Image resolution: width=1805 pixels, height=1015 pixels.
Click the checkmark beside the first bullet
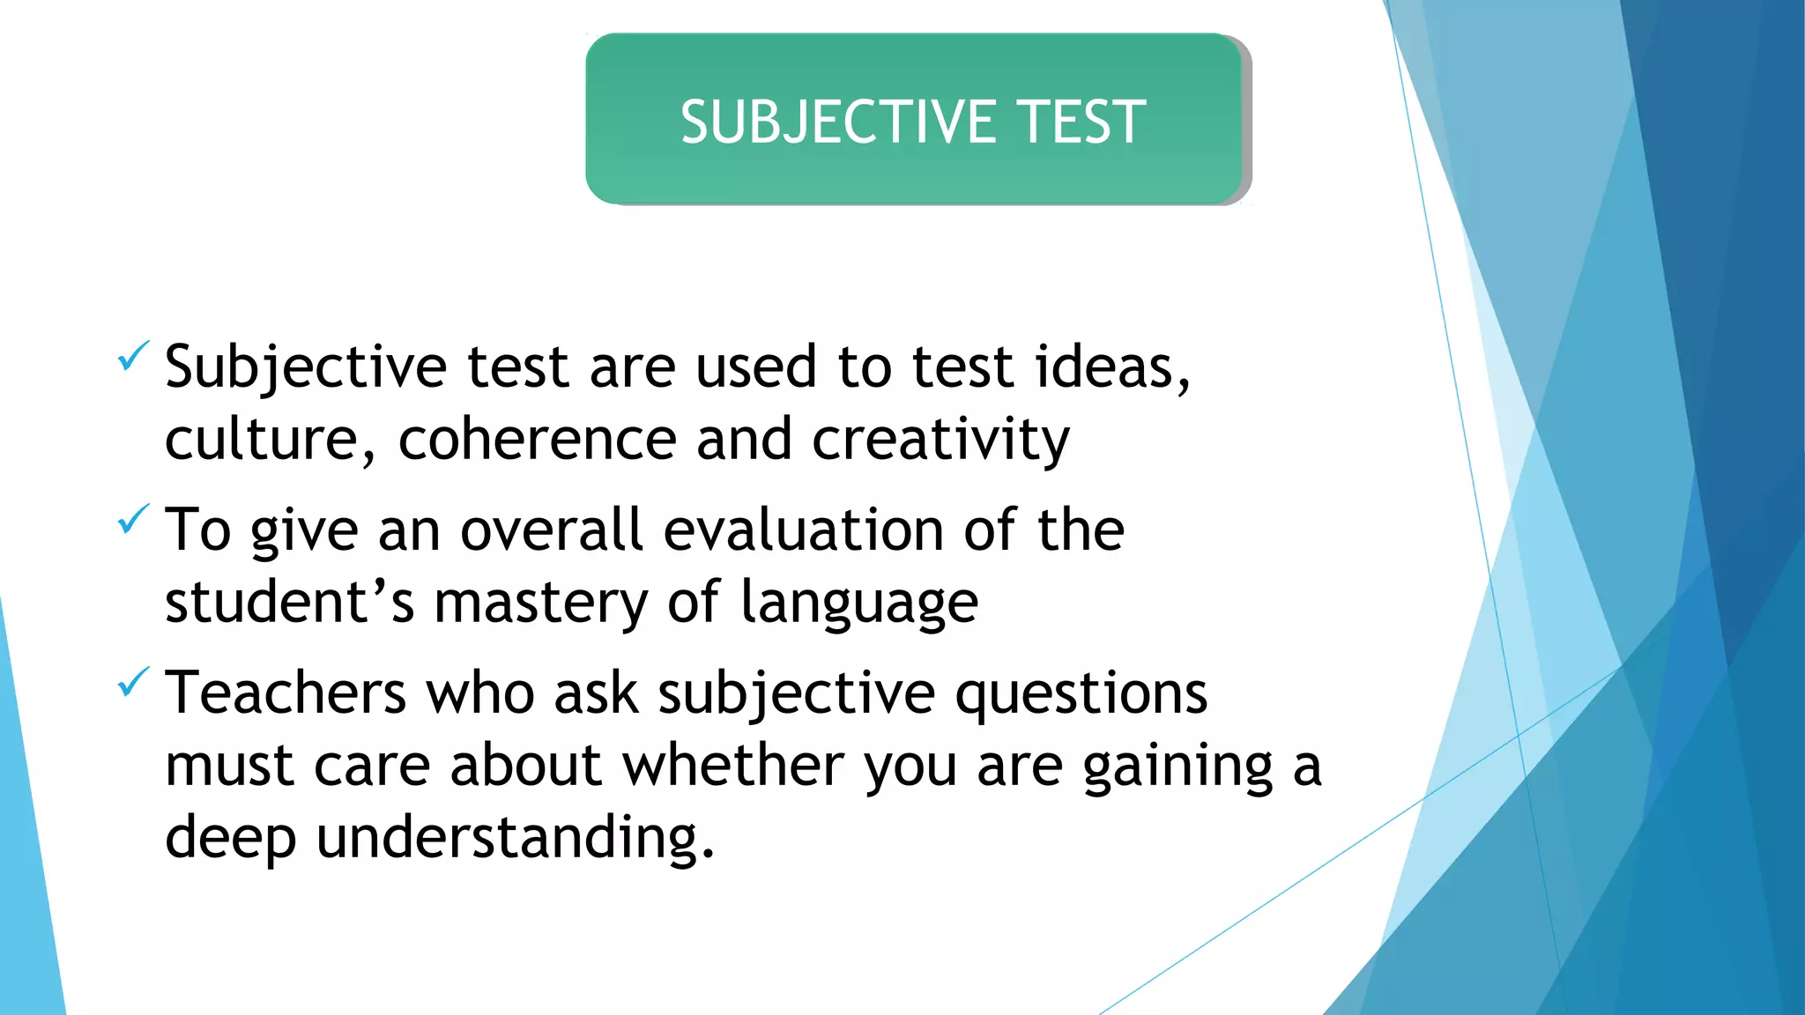click(133, 356)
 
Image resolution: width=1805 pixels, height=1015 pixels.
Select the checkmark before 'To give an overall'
click(133, 519)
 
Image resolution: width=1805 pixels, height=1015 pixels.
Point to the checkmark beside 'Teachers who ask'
click(133, 682)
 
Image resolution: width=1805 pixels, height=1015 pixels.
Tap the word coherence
click(537, 439)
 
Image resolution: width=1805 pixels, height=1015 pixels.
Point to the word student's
click(289, 603)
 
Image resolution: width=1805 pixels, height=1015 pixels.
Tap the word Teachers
click(286, 693)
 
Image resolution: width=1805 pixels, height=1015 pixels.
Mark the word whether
click(733, 765)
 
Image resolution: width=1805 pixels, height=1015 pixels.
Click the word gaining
click(1177, 767)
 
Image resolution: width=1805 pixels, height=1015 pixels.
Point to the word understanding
click(515, 837)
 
